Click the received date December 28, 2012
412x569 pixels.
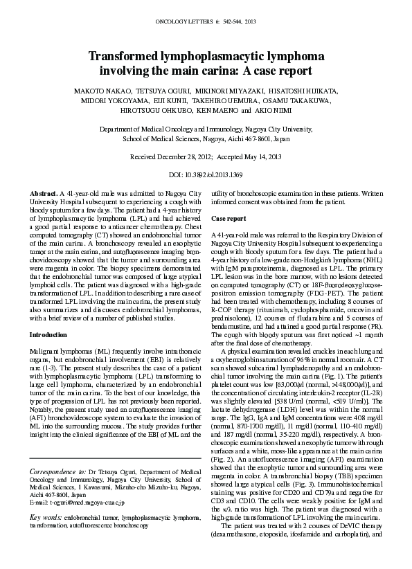[x=190, y=158]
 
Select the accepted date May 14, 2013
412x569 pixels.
[x=262, y=158]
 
